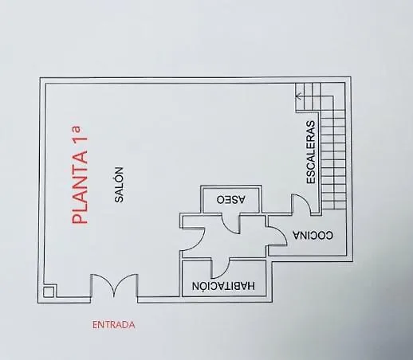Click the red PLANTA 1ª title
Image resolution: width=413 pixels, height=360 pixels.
80,175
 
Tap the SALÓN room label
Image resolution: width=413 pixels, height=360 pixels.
119,185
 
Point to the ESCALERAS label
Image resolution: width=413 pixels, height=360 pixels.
311,152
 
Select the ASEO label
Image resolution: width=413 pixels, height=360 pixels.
230,199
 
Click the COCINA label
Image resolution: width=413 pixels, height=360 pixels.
313,235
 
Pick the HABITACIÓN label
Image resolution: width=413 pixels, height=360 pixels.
223,286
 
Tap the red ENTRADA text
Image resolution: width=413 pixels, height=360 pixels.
114,325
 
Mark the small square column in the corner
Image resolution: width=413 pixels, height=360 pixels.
49,292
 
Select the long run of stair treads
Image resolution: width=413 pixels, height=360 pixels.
333,159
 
